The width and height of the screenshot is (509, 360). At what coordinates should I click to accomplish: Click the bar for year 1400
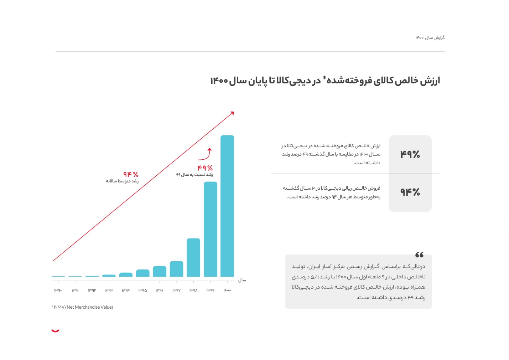[x=227, y=206]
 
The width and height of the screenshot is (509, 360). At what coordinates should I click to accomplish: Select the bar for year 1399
[x=210, y=229]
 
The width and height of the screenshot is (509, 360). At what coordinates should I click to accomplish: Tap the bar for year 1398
[x=193, y=257]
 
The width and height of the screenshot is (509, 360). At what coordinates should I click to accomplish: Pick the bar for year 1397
[x=176, y=269]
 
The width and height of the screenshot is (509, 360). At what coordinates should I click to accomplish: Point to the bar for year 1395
[x=142, y=273]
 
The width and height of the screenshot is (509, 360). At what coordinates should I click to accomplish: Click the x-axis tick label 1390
[x=58, y=290]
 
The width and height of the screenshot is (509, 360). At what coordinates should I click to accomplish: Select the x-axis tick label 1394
[x=126, y=290]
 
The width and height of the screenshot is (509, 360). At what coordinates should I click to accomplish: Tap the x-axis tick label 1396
[x=160, y=290]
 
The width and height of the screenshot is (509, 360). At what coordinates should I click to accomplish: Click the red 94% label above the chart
[x=131, y=174]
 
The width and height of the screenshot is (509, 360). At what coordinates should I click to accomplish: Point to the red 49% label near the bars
[x=205, y=168]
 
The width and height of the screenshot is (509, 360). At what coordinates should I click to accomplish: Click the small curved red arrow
[x=206, y=154]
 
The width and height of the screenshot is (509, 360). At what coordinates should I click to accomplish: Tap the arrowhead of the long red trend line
[x=233, y=113]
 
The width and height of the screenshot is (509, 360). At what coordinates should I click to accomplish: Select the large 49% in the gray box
[x=410, y=154]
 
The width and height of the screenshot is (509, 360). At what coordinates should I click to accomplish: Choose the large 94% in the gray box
[x=410, y=192]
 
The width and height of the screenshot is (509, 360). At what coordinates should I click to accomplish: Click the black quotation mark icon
[x=419, y=254]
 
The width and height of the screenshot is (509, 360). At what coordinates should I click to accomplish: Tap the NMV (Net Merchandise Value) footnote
[x=82, y=307]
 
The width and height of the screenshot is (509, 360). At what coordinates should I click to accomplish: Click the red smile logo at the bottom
[x=55, y=331]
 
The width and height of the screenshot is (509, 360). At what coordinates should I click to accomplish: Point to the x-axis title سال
[x=242, y=280]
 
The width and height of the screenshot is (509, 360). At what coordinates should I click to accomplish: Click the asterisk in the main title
[x=324, y=78]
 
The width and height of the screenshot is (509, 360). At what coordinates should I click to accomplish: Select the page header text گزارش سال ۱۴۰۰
[x=430, y=38]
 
